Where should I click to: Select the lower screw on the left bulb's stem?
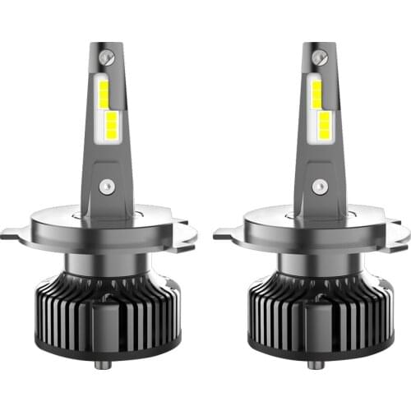104,187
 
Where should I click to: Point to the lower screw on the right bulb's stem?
317,187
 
